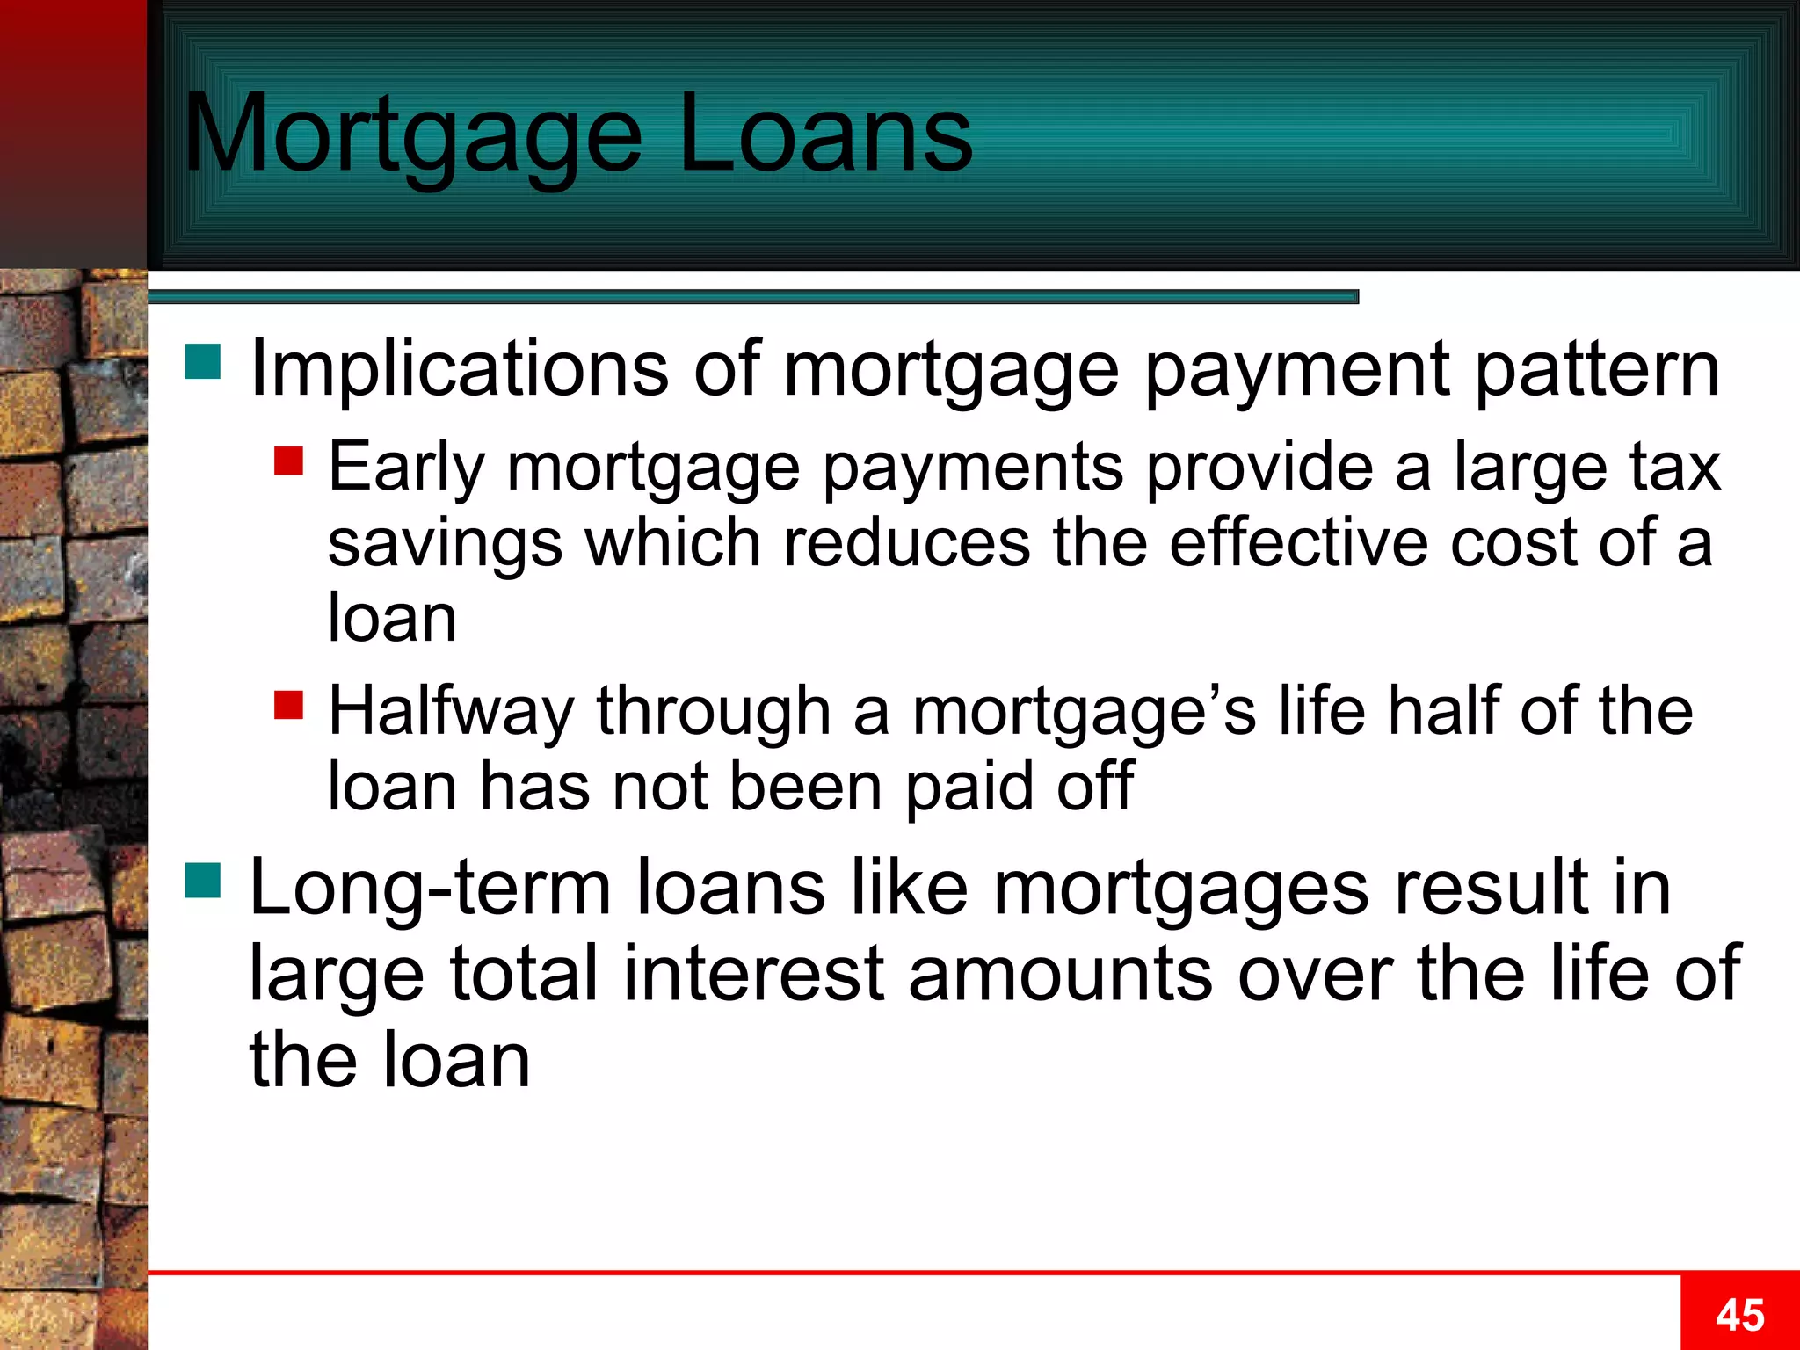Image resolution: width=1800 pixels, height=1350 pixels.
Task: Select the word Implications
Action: click(x=459, y=369)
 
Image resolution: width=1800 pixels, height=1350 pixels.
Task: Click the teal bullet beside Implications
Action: click(x=203, y=361)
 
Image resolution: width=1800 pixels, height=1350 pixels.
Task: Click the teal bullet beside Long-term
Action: click(x=203, y=881)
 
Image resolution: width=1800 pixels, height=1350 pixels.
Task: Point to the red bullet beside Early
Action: click(x=288, y=461)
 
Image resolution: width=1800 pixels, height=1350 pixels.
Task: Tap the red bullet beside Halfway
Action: click(x=288, y=704)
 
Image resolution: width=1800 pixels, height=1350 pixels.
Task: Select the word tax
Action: click(x=1674, y=467)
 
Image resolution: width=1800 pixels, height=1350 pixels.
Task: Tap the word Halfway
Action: click(x=451, y=712)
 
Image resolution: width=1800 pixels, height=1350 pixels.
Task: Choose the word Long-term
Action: click(x=430, y=888)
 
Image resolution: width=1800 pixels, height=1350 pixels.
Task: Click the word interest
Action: click(x=753, y=974)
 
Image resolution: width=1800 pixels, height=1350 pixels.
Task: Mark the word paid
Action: click(x=969, y=787)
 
